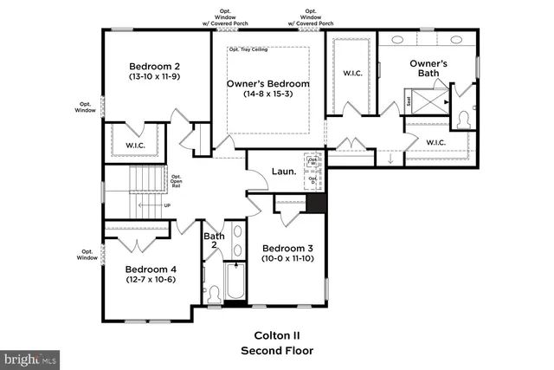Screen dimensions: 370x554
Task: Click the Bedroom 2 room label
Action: pos(155,66)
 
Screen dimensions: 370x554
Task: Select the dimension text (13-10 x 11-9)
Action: pos(155,77)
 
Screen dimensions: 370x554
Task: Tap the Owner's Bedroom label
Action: pos(267,83)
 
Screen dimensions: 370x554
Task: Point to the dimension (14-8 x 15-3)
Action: pos(267,95)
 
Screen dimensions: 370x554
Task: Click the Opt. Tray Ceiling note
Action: pos(248,49)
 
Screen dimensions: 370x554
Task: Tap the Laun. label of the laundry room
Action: pos(284,172)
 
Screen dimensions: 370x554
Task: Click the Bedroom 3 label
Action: pos(287,246)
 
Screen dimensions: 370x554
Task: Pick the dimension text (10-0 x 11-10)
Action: pos(287,258)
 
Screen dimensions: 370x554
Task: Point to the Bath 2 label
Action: pos(214,241)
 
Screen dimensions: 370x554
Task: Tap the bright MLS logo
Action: pos(30,357)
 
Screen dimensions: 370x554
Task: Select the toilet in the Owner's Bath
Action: pos(461,117)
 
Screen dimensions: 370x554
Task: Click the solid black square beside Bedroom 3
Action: pos(317,204)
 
